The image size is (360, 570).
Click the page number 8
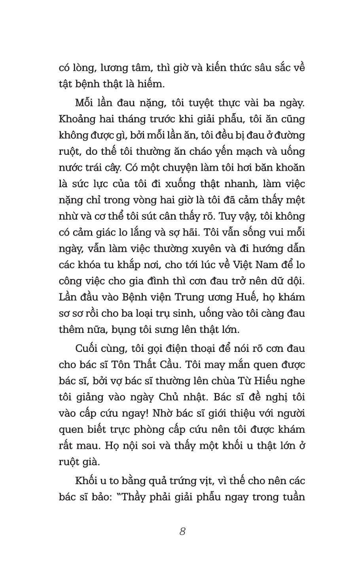click(182, 532)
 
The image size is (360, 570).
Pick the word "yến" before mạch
click(241, 151)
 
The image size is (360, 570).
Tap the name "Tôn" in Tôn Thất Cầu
click(130, 364)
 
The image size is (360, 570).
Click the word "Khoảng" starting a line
click(75, 119)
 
